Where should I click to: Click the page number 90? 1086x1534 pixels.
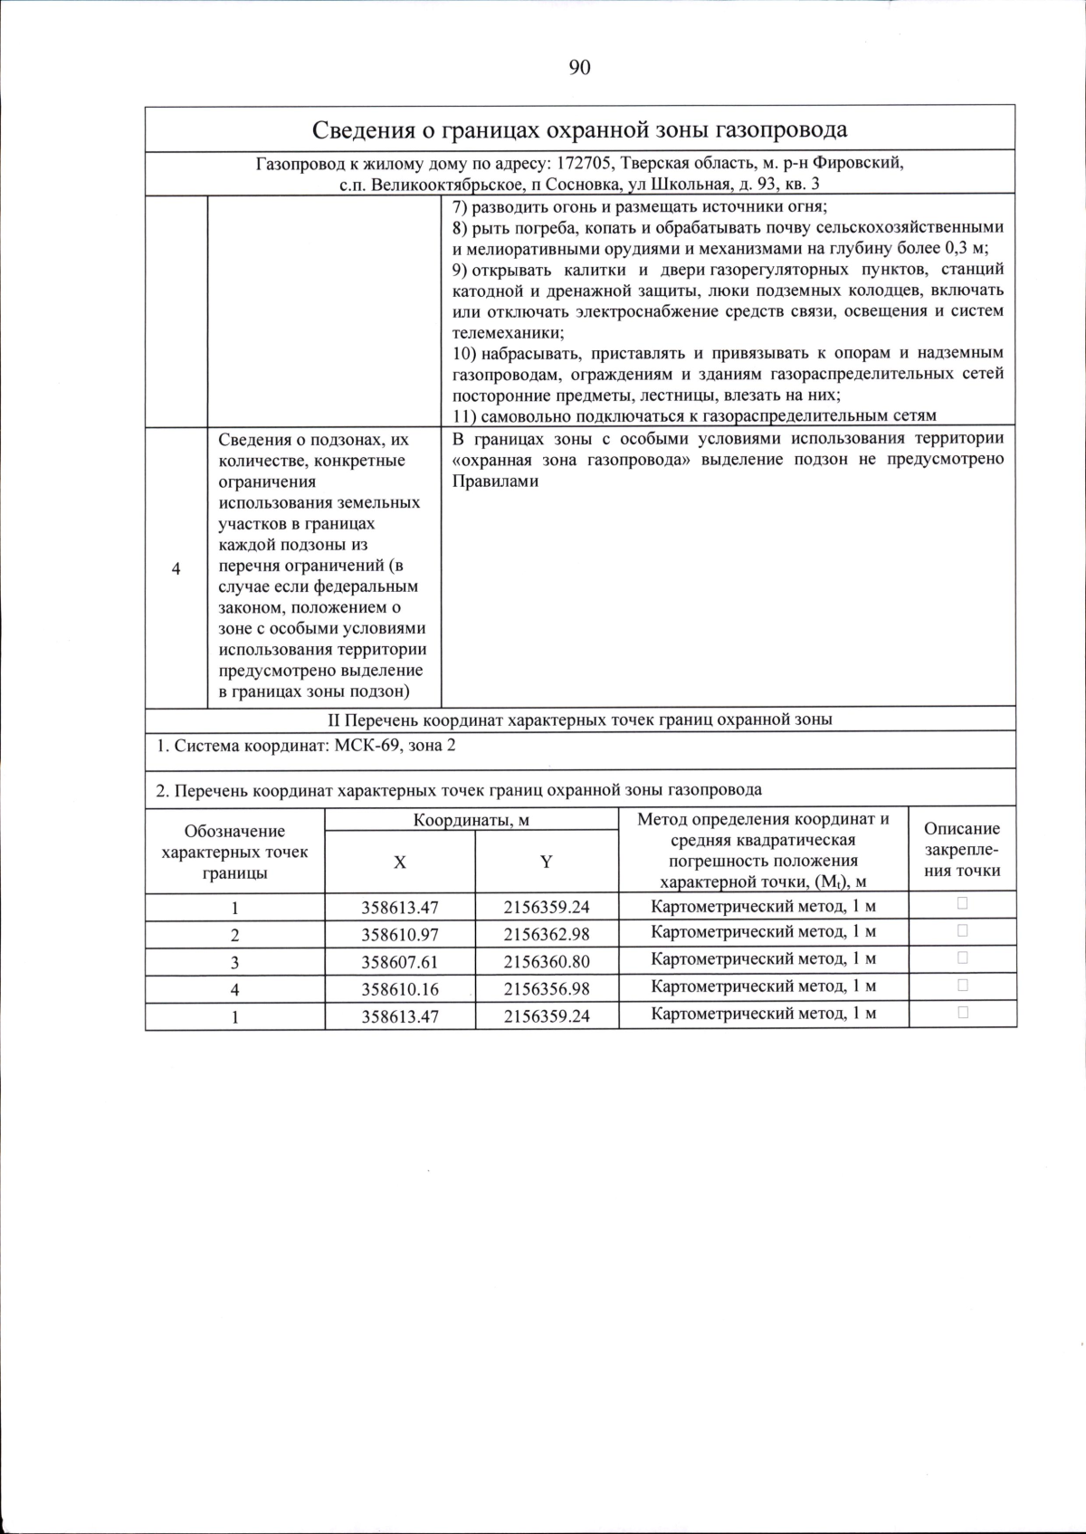tap(580, 68)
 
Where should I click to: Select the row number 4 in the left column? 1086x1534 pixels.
tap(176, 568)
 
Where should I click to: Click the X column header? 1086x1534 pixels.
tap(399, 862)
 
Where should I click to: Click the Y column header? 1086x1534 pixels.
tap(547, 862)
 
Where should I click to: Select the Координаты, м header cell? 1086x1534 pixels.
tap(472, 820)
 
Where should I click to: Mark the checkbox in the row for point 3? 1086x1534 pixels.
tap(962, 958)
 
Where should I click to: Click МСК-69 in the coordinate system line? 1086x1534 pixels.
tap(367, 747)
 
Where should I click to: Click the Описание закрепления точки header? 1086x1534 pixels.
tap(962, 849)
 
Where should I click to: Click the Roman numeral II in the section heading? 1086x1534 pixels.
tap(333, 720)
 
